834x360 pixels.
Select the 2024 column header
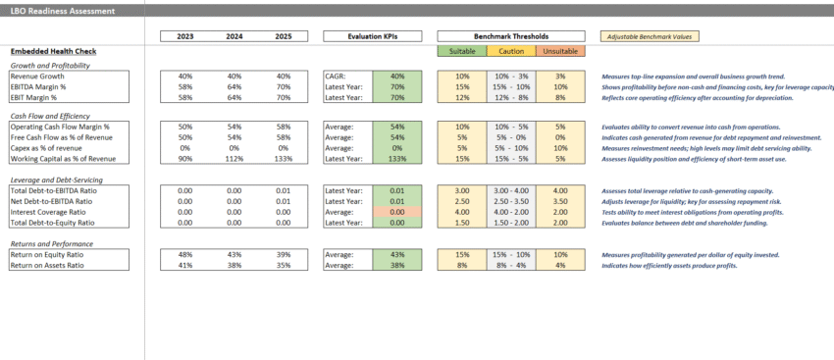click(234, 36)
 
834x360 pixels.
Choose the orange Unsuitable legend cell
click(560, 51)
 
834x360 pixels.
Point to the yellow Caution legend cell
click(511, 51)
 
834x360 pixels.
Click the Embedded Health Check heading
click(53, 51)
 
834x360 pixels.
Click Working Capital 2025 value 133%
click(283, 158)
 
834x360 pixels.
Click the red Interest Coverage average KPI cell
click(396, 211)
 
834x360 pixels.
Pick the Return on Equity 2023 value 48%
click(184, 255)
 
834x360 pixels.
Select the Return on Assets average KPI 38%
click(396, 265)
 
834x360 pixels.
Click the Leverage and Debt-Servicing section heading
click(56, 180)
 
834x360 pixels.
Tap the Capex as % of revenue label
click(54, 148)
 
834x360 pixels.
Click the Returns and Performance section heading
click(55, 243)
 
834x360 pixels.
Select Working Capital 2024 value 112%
click(234, 158)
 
